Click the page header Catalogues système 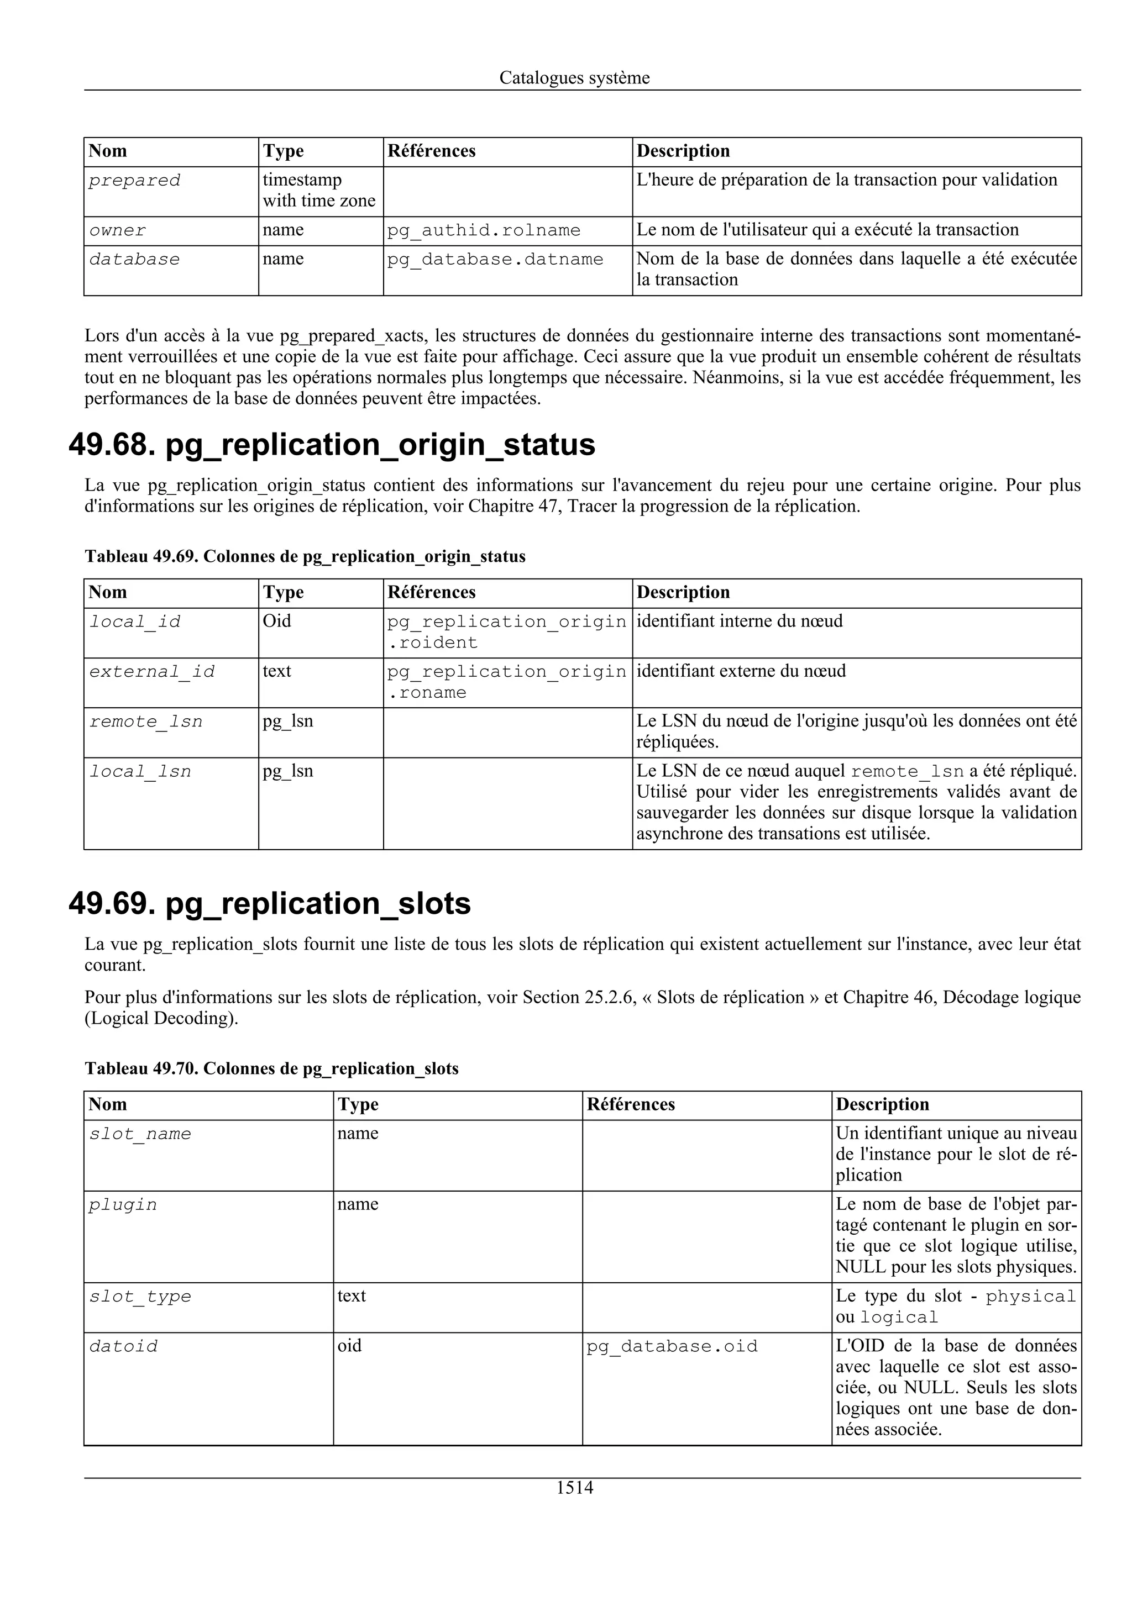click(x=574, y=77)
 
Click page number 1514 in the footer click(x=574, y=1487)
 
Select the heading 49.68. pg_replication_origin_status click(x=332, y=444)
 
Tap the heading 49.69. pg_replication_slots click(x=270, y=903)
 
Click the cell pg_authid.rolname click(x=483, y=230)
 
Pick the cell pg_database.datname click(x=495, y=260)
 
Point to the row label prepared click(x=135, y=181)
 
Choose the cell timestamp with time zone click(x=319, y=191)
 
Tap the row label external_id click(x=152, y=671)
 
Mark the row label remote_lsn click(x=146, y=721)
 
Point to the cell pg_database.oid click(x=672, y=1346)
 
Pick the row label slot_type click(x=140, y=1296)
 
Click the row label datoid click(x=123, y=1346)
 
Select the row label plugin click(x=123, y=1205)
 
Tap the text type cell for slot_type click(x=352, y=1295)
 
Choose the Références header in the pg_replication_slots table click(x=631, y=1104)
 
